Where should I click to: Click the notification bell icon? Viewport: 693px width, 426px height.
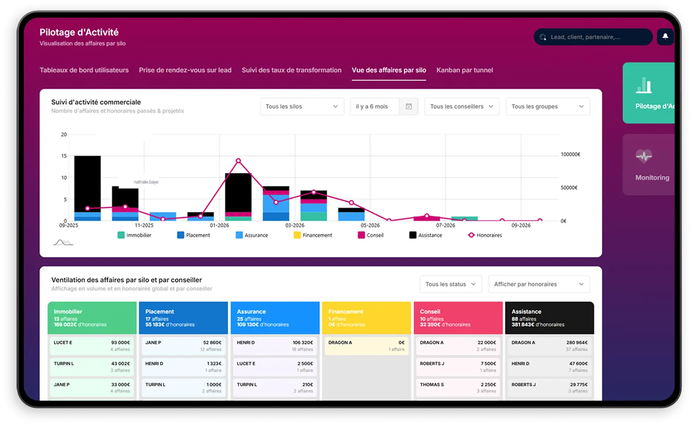[665, 37]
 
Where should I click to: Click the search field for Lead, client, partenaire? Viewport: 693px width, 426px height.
[593, 37]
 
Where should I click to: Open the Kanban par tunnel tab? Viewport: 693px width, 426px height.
[465, 70]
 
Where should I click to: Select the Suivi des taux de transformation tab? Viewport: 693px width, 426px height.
[291, 70]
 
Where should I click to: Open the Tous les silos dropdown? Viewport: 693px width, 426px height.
[302, 107]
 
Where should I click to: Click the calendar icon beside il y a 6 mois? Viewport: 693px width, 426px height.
[409, 107]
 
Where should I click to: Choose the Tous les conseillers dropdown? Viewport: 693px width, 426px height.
[461, 107]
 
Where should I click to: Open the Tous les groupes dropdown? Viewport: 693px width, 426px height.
[547, 107]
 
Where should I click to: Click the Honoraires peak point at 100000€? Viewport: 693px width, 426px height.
[238, 161]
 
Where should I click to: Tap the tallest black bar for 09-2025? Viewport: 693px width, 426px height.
[87, 184]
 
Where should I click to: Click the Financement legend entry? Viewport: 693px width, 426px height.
[313, 235]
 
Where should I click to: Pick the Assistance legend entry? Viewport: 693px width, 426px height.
[426, 235]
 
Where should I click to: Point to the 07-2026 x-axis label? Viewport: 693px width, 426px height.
[445, 226]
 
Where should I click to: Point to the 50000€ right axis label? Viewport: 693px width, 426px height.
[569, 188]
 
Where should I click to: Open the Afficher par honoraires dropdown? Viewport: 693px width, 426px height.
[538, 284]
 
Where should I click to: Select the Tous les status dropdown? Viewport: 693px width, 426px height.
[450, 284]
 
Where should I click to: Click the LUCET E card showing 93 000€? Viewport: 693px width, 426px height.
[92, 346]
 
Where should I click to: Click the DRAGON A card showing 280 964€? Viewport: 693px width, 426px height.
[549, 346]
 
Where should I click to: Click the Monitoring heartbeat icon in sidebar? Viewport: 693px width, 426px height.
[644, 156]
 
